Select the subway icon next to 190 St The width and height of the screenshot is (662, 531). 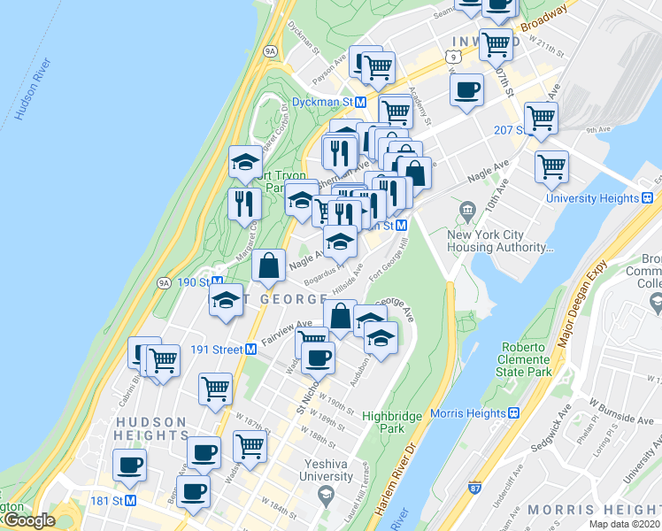pos(217,282)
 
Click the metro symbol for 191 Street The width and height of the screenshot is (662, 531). pos(250,350)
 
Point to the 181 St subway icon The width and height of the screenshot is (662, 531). pos(130,501)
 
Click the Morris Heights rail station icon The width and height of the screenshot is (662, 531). pos(513,413)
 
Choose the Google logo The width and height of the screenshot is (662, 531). pos(29,520)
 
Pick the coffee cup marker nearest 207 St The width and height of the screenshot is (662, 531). pos(466,89)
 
